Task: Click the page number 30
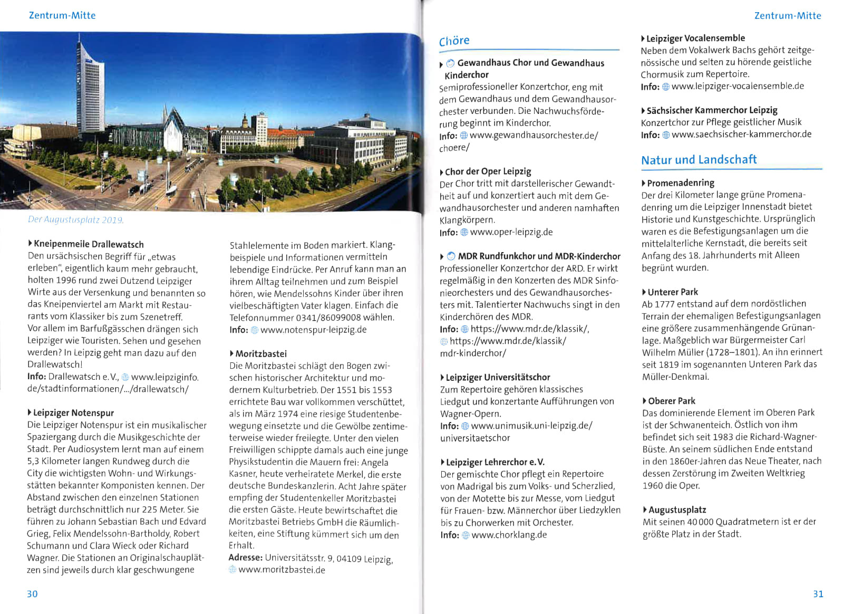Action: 32,594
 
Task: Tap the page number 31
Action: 818,594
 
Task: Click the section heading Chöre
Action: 454,41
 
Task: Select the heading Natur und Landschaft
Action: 699,160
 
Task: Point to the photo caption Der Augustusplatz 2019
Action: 75,220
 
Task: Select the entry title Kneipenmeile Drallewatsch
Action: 88,244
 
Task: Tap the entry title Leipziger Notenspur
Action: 73,413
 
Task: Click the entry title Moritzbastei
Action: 261,354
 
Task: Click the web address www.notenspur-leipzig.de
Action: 313,330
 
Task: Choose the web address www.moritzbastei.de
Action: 282,570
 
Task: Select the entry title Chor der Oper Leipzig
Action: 488,171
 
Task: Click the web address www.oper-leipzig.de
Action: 511,232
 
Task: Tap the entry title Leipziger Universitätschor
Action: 498,377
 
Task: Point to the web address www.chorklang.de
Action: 509,535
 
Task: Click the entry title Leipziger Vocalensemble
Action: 695,38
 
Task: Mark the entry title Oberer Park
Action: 671,401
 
